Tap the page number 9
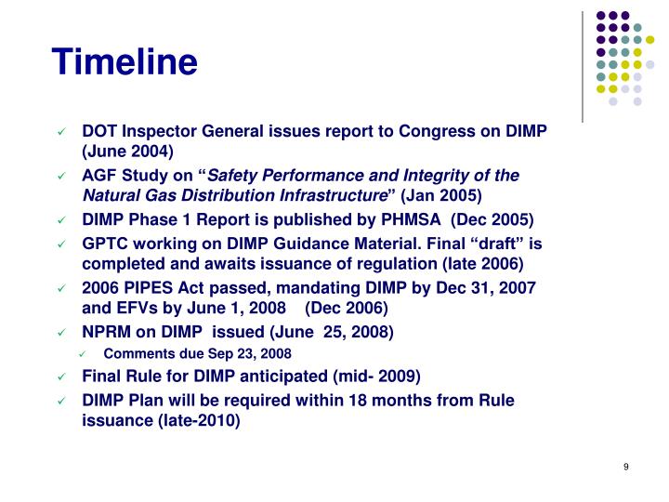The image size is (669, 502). click(x=627, y=467)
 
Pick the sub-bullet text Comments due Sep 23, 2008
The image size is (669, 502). click(x=197, y=354)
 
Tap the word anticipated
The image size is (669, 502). click(x=312, y=376)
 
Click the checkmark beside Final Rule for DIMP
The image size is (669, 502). click(x=62, y=377)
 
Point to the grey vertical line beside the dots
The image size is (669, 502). click(x=583, y=65)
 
